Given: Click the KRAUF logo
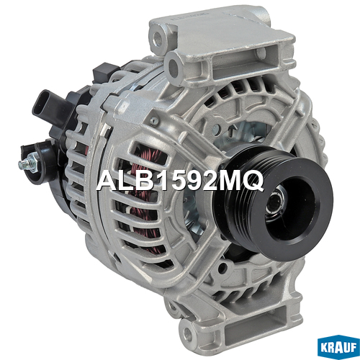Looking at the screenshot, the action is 338,347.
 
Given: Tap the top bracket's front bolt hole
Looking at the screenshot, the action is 173,63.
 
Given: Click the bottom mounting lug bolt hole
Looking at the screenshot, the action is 188,334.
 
